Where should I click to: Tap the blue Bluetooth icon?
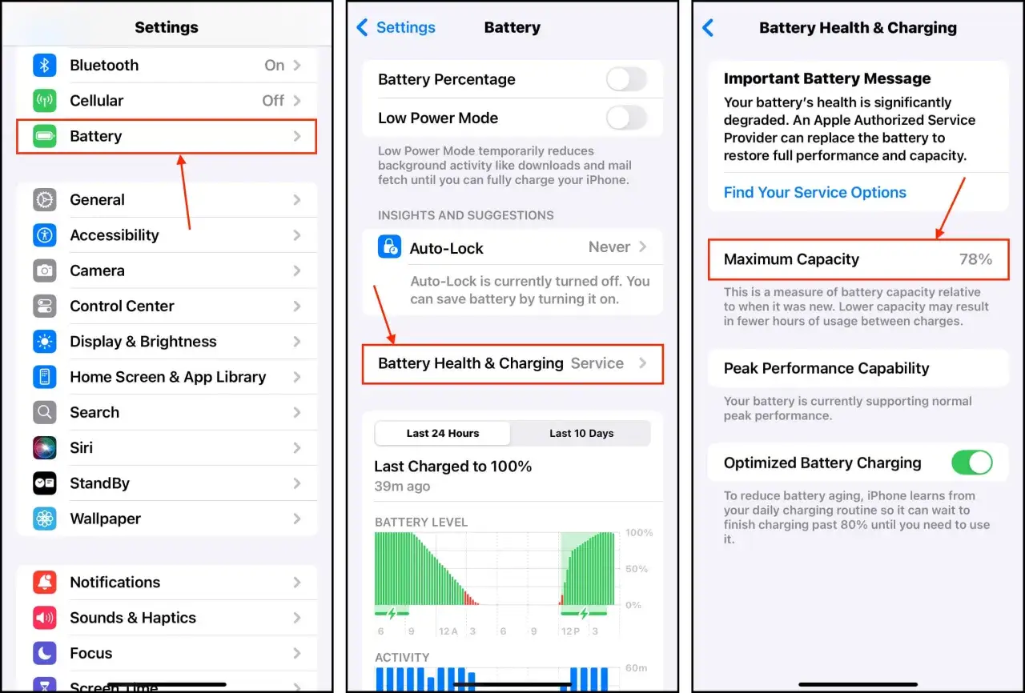tap(45, 66)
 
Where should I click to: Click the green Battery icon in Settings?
tap(45, 137)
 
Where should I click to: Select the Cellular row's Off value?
tap(273, 101)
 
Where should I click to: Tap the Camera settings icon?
tap(45, 270)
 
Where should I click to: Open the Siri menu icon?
tap(45, 448)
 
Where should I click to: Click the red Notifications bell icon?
tap(45, 583)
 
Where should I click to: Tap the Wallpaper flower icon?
tap(45, 519)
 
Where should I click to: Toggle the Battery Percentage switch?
tap(626, 79)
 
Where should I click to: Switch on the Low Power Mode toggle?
tap(626, 118)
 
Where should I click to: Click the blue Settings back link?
tap(396, 28)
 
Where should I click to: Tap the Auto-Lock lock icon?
tap(389, 247)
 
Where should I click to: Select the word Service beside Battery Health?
tap(597, 363)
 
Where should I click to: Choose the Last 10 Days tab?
tap(581, 434)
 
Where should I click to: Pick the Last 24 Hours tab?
tap(443, 434)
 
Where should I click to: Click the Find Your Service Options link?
tap(814, 193)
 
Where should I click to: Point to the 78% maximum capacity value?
tap(975, 259)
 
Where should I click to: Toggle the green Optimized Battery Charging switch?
tap(971, 463)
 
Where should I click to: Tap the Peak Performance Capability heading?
tap(826, 369)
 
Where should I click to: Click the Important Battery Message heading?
tap(827, 79)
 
